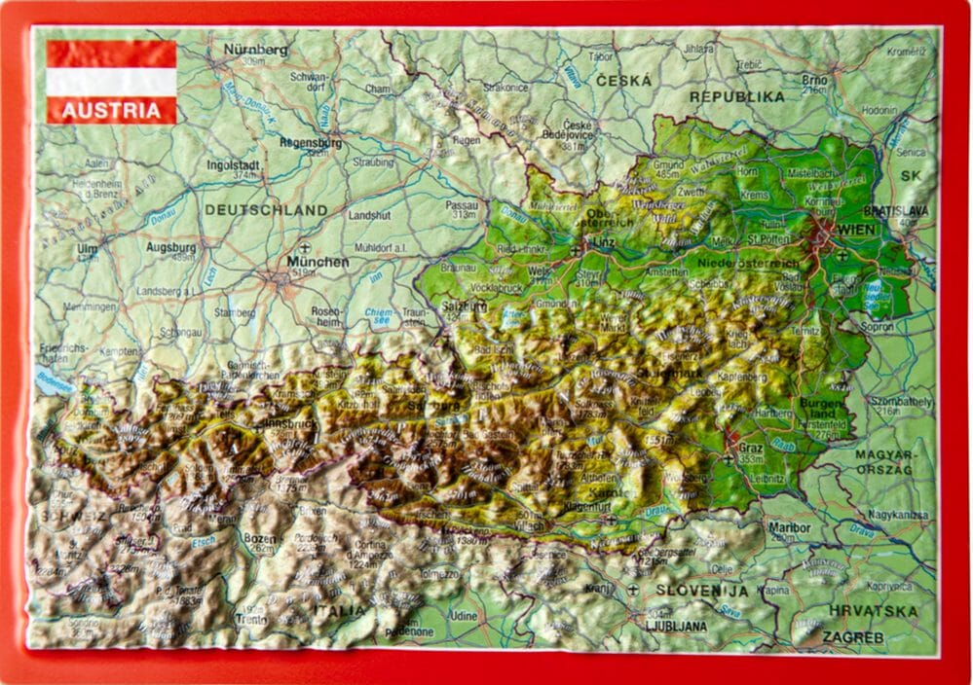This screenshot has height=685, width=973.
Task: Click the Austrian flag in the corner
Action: click(111, 68)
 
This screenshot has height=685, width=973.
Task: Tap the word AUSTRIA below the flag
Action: click(111, 110)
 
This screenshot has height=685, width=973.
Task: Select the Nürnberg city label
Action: click(255, 49)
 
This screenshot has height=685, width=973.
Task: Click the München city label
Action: click(318, 262)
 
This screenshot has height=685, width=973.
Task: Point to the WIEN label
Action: click(858, 229)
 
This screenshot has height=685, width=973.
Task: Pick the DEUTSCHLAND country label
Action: click(266, 209)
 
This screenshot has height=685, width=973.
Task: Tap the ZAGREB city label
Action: click(852, 637)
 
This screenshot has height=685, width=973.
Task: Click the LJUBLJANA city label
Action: click(675, 627)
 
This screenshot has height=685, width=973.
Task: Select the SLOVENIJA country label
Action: click(700, 590)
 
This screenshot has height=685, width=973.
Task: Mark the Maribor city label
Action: click(789, 527)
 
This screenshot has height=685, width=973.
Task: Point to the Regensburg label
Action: click(309, 142)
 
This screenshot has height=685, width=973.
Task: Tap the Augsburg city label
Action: click(170, 247)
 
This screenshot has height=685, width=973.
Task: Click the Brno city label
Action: click(814, 79)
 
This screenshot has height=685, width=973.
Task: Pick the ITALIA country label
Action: click(339, 610)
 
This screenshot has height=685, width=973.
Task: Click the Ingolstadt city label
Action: click(233, 164)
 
